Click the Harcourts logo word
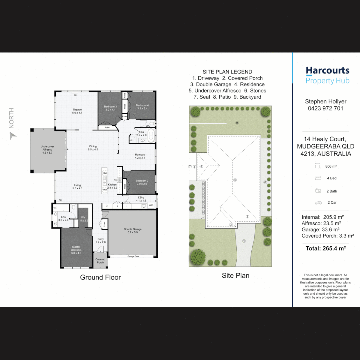point(327,71)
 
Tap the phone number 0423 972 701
point(326,108)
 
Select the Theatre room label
point(77,111)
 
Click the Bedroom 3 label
point(110,108)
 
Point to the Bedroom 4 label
point(142,107)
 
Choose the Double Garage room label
point(133,231)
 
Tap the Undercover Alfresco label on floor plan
point(47,148)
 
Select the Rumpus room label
point(140,156)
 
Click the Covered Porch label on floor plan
point(100,261)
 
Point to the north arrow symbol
point(13,136)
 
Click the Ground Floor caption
point(100,277)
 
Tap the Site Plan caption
point(236,275)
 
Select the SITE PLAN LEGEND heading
point(227,72)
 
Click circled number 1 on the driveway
point(244,241)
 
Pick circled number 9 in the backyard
point(237,123)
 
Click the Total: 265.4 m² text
point(326,248)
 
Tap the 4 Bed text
point(332,178)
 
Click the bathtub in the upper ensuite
point(151,136)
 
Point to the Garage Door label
point(133,256)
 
